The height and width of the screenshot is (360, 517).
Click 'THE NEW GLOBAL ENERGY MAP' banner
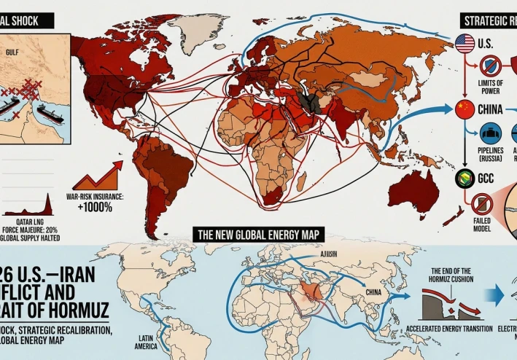click(x=258, y=235)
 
